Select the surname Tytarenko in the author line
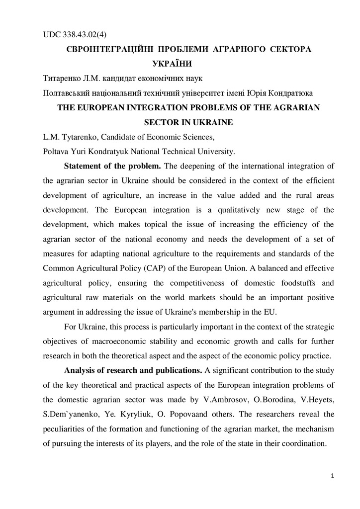[x=78, y=137]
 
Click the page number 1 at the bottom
[x=332, y=477]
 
